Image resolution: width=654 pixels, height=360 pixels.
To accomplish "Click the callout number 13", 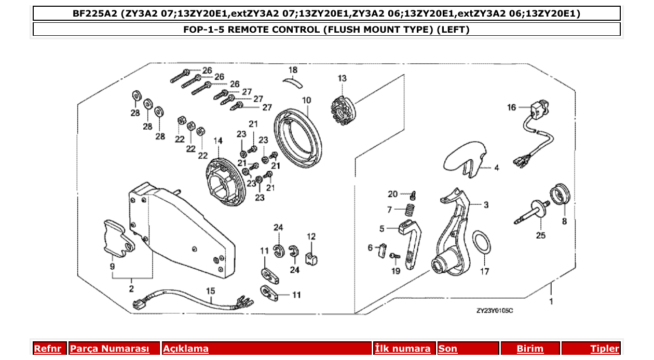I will (342, 78).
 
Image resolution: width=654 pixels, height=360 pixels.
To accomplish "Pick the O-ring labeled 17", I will (483, 244).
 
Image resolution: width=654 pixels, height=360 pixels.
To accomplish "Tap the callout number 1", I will (551, 301).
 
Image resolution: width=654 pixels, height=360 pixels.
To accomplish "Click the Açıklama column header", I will (186, 349).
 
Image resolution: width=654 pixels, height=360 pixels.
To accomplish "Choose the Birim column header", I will (529, 349).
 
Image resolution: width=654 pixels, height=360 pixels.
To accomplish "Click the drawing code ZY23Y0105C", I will (494, 311).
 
